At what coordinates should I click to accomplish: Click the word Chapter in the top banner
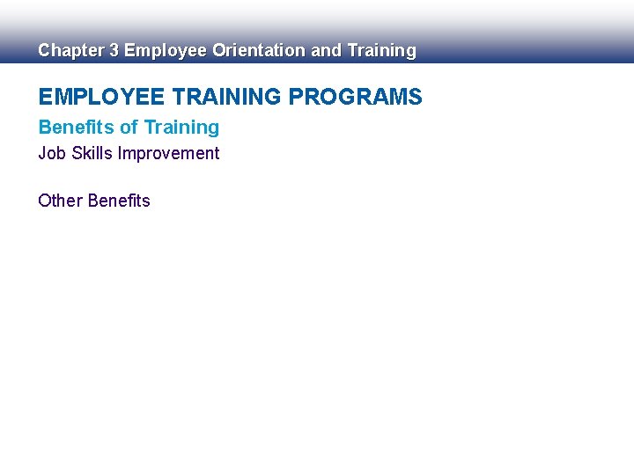tap(70, 51)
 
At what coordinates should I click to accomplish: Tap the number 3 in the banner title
tap(114, 51)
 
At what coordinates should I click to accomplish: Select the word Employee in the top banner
tap(166, 51)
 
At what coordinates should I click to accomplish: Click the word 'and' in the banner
tap(327, 51)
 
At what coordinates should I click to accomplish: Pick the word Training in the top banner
tap(381, 51)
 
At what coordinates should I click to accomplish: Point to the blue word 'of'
tap(129, 128)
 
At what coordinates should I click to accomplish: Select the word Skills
tap(91, 154)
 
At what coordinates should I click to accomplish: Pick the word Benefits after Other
tap(119, 201)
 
